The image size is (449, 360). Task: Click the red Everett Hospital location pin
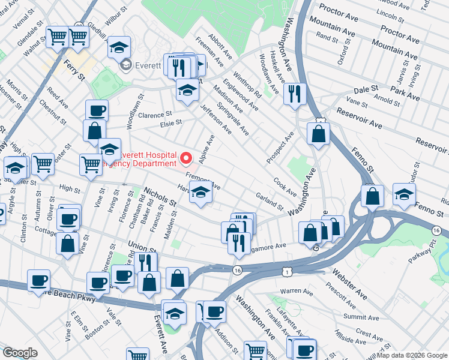186,158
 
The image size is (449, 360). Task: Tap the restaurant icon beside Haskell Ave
295,94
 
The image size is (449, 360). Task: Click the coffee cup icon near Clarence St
97,110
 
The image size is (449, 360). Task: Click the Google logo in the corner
20,353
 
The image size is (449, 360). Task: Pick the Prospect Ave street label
280,146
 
